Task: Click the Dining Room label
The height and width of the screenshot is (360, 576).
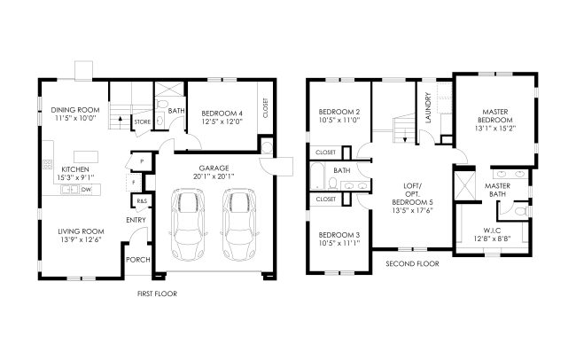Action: [75, 110]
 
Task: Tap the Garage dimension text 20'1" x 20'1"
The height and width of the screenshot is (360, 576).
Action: [214, 176]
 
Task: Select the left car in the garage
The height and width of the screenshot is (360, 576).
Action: [188, 224]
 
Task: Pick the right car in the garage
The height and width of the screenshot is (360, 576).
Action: [240, 224]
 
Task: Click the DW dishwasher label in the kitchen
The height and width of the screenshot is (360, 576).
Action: [86, 190]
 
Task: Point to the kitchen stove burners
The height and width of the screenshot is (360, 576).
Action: [48, 164]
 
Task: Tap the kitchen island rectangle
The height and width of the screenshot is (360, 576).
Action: [86, 157]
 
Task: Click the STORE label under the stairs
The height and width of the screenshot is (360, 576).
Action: [142, 121]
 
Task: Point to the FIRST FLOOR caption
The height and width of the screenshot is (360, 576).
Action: [157, 293]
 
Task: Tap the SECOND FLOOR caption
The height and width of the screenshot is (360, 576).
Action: [412, 263]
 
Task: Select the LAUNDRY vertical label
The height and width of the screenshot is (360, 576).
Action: [428, 107]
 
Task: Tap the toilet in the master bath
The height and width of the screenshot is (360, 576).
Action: [521, 211]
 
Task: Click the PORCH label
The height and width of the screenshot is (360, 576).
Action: [138, 260]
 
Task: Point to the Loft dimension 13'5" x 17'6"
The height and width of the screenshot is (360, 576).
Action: [413, 210]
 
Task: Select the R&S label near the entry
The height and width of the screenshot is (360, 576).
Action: [142, 200]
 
